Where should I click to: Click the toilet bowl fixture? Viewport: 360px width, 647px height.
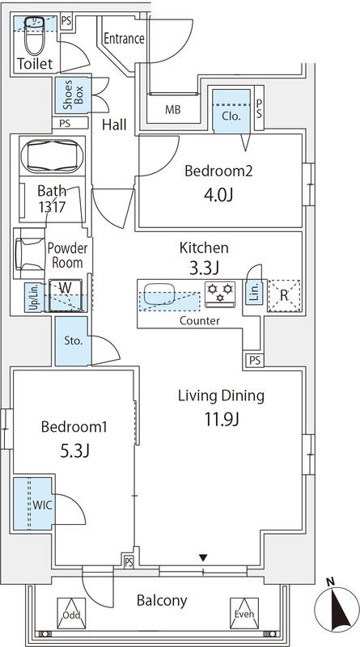click(x=34, y=36)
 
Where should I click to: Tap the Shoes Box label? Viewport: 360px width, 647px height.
click(x=74, y=95)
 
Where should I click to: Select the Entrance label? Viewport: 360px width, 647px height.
click(x=125, y=39)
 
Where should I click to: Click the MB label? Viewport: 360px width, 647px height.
click(x=173, y=110)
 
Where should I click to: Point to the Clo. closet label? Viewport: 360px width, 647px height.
click(x=231, y=116)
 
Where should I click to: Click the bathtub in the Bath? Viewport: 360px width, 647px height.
click(x=52, y=156)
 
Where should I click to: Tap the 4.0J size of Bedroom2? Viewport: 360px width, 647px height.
click(x=218, y=195)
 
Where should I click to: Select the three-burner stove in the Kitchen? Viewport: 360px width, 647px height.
click(x=220, y=294)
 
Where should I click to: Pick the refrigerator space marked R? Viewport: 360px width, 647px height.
click(x=284, y=295)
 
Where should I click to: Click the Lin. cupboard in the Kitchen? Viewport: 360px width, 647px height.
click(x=254, y=293)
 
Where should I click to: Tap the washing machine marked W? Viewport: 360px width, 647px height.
click(x=66, y=295)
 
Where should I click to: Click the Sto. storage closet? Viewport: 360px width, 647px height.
click(x=71, y=340)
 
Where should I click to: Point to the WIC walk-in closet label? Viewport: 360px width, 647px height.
click(x=43, y=505)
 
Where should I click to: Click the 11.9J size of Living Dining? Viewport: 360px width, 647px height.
click(x=221, y=420)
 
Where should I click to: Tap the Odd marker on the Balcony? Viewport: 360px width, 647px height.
click(x=71, y=614)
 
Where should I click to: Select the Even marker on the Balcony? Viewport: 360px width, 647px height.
click(x=244, y=614)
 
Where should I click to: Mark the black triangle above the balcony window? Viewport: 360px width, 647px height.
click(x=203, y=558)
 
